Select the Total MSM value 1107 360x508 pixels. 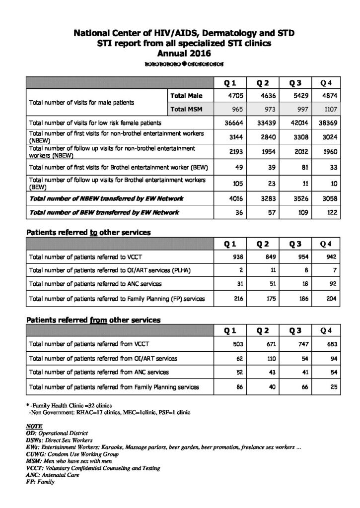(x=330, y=108)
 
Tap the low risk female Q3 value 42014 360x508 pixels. (x=296, y=122)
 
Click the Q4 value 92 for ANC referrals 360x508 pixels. (x=332, y=284)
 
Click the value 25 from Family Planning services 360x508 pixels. (x=334, y=386)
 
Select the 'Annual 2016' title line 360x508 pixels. (x=180, y=54)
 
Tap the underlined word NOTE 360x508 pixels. (x=34, y=426)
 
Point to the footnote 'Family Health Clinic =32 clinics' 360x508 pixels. (x=72, y=405)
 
